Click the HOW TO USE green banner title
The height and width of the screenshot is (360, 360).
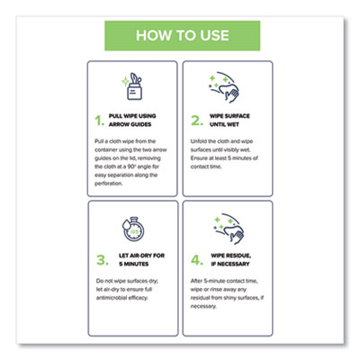pos(180,37)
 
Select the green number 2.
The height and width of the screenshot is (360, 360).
pos(195,120)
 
